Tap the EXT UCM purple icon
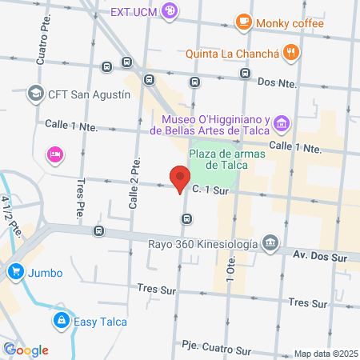tap(170, 11)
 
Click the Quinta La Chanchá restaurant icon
tap(293, 53)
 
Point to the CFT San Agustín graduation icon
tap(35, 94)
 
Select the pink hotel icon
tap(54, 154)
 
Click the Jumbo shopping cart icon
tap(14, 272)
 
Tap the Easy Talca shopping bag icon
tap(60, 322)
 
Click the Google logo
tap(26, 350)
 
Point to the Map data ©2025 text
tap(325, 354)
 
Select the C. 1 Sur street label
tap(209, 190)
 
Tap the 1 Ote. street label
tap(230, 269)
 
